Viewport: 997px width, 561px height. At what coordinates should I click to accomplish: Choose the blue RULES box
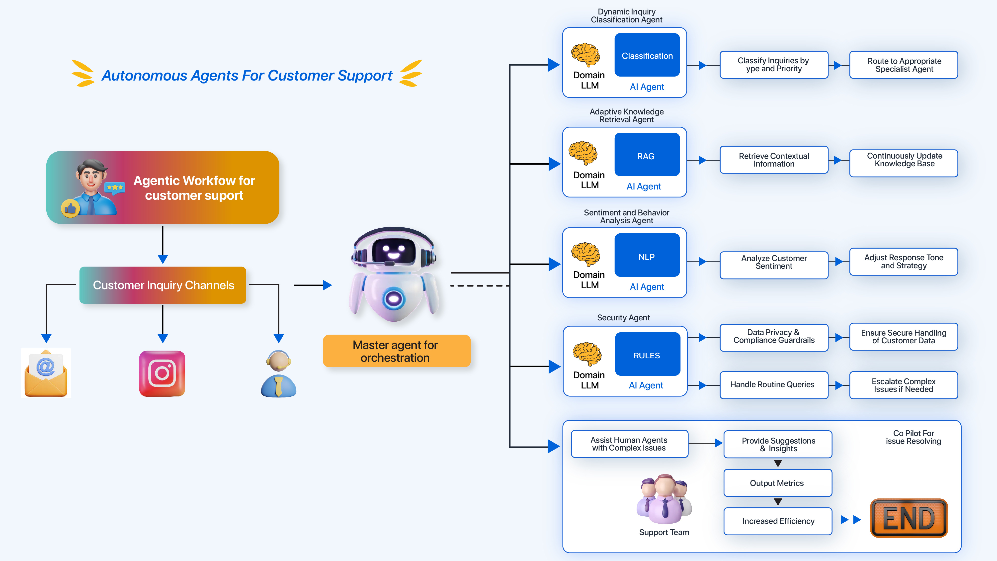pos(647,354)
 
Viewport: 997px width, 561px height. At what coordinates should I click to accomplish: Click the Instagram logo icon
pos(162,373)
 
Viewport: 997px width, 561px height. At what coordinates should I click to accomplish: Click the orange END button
pos(908,518)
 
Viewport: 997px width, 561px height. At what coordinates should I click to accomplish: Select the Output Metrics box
pos(777,483)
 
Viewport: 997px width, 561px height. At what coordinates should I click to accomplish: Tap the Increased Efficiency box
pos(777,521)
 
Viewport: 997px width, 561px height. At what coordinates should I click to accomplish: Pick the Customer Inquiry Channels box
pos(163,285)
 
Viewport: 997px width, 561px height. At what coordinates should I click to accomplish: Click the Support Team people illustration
pos(664,499)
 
